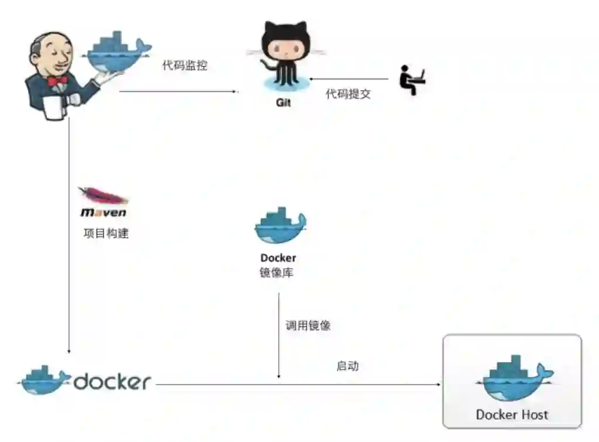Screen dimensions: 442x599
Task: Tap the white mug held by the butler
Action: click(54, 108)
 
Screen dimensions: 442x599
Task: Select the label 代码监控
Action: click(184, 65)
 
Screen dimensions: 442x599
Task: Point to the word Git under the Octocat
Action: click(283, 103)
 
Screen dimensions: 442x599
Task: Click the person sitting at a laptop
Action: click(411, 80)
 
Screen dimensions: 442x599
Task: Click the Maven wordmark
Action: click(104, 213)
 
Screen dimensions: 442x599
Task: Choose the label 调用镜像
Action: click(308, 325)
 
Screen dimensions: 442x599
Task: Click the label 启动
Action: click(347, 366)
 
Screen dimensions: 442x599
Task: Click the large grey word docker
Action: click(112, 382)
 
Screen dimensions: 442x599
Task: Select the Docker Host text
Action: click(512, 415)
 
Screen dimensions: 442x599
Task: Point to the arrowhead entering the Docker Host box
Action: click(439, 385)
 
